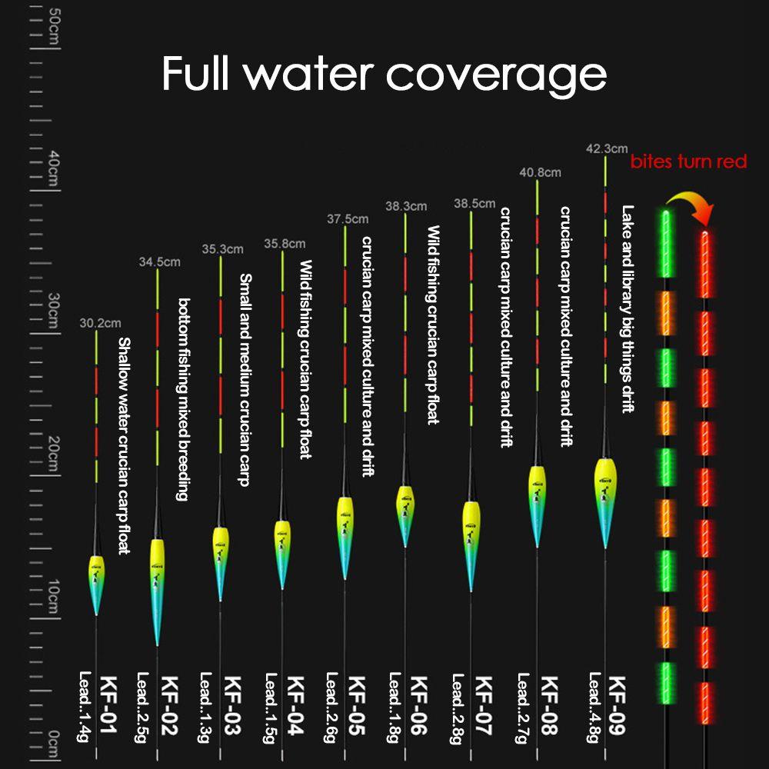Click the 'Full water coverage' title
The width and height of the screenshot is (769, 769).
(384, 74)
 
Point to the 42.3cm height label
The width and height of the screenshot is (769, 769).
(607, 148)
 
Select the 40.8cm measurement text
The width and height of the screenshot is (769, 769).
(541, 173)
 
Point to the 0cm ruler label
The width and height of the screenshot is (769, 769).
(54, 742)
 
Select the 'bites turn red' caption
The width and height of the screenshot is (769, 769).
(688, 161)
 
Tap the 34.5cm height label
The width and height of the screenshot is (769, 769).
(159, 262)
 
